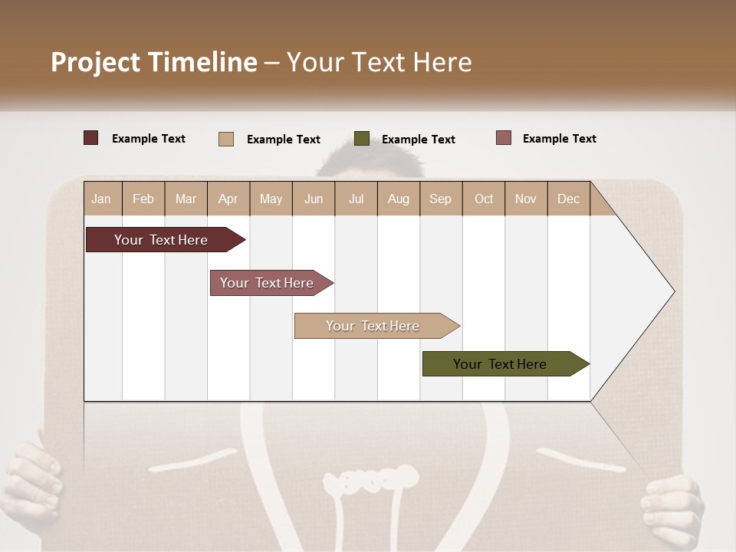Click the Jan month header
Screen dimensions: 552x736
[x=102, y=199]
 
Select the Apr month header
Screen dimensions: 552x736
[x=228, y=199]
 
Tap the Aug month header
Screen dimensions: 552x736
[x=398, y=199]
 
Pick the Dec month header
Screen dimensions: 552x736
[x=568, y=199]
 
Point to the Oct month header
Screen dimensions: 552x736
[x=484, y=199]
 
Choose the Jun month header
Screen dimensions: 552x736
[x=314, y=199]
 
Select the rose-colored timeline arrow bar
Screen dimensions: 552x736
[x=268, y=283]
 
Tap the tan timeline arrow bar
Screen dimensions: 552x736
[x=373, y=326]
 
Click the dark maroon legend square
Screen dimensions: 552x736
[x=90, y=138]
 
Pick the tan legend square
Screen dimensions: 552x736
[x=225, y=139]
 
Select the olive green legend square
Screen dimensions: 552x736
[x=362, y=139]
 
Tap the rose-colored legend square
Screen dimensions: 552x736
[x=503, y=138]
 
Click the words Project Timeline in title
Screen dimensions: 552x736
[x=153, y=62]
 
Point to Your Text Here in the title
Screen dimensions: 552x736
[x=379, y=62]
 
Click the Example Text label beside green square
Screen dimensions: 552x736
[x=418, y=140]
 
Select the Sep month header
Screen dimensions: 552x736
[x=440, y=199]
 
